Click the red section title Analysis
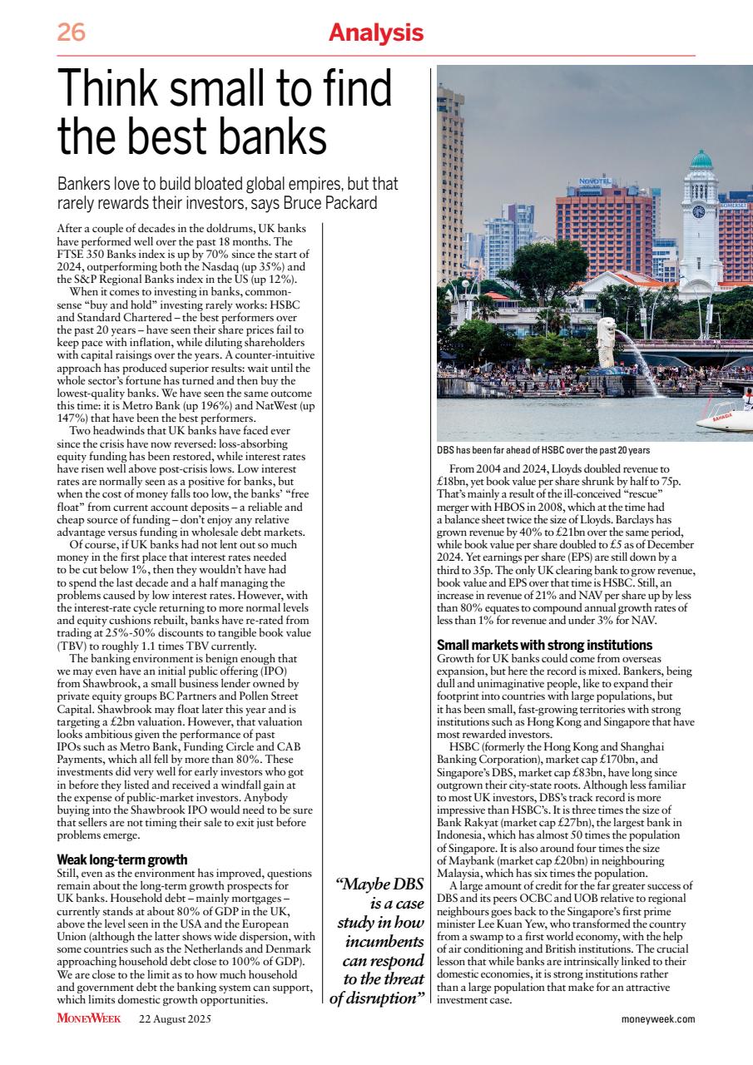point(375,33)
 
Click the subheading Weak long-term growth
point(121,859)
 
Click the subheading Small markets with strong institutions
point(544,645)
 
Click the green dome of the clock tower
point(701,160)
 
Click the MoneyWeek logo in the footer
point(89,1018)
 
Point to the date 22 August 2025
point(175,1018)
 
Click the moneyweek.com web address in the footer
point(657,1018)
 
